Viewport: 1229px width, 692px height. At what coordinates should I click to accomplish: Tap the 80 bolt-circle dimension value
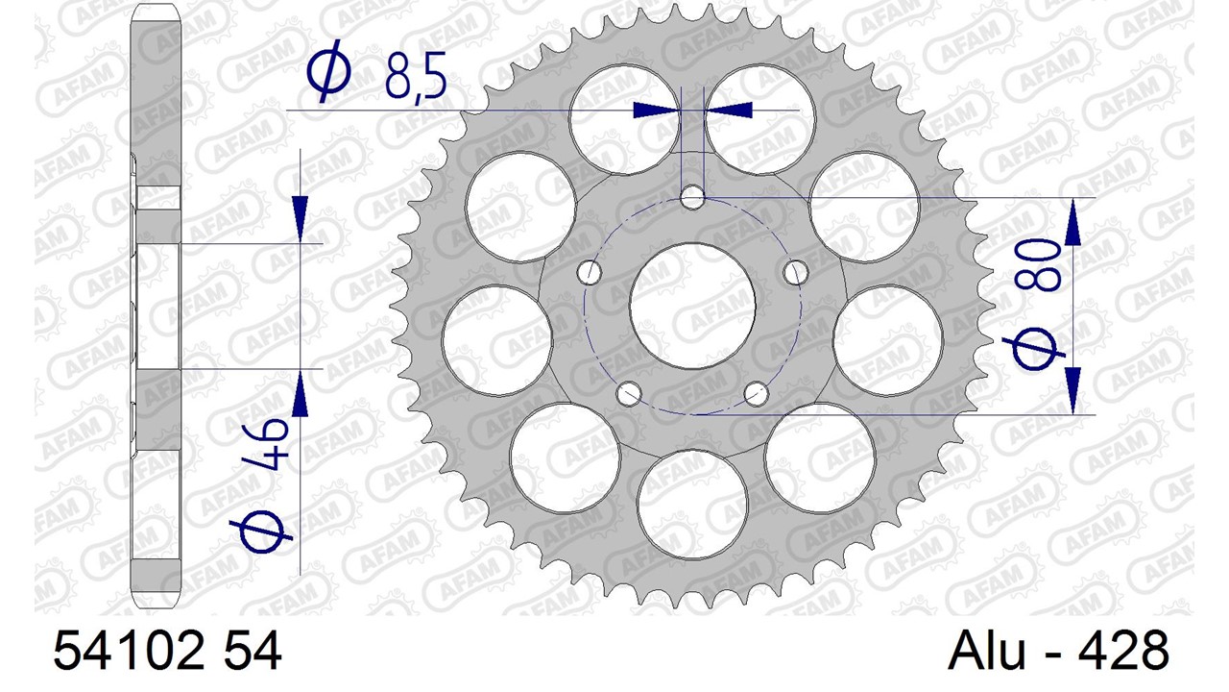[x=1036, y=263]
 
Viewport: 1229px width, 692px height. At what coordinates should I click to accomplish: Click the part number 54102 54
[x=167, y=651]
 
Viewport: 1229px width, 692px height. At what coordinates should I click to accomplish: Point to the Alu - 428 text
[x=1058, y=651]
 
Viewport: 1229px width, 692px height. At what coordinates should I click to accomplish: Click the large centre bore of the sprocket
[x=692, y=306]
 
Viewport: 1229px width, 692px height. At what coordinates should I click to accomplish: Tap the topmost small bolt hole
[x=692, y=197]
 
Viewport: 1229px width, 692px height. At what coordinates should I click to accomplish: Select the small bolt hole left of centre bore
[x=590, y=272]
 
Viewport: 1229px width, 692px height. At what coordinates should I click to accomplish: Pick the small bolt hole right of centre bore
[x=796, y=272]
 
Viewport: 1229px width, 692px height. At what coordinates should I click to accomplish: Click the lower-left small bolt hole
[x=629, y=393]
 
